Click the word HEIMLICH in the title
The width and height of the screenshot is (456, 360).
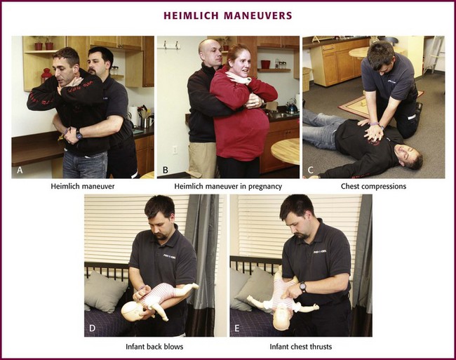(x=191, y=15)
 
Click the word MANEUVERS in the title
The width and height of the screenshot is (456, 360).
(x=258, y=15)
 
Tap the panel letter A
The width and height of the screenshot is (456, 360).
(x=20, y=170)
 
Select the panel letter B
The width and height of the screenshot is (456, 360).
(x=165, y=170)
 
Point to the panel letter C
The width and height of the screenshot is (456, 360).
(x=310, y=170)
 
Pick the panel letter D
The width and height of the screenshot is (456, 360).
(x=92, y=328)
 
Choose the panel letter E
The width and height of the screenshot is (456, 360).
(x=237, y=328)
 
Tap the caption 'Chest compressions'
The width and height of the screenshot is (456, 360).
(x=373, y=186)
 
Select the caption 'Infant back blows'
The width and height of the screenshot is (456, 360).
(x=154, y=347)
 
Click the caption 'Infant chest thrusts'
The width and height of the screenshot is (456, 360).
(x=301, y=347)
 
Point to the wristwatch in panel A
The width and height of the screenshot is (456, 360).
(x=79, y=134)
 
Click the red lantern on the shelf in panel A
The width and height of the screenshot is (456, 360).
(x=46, y=75)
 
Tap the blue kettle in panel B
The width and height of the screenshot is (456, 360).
(x=291, y=107)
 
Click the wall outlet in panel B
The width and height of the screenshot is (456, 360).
(x=175, y=150)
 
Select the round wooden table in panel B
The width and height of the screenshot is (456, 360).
(x=285, y=151)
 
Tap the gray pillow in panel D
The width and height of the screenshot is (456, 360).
(x=105, y=291)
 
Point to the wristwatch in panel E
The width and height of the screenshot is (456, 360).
(x=303, y=287)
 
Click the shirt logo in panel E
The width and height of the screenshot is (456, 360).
(x=320, y=252)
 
